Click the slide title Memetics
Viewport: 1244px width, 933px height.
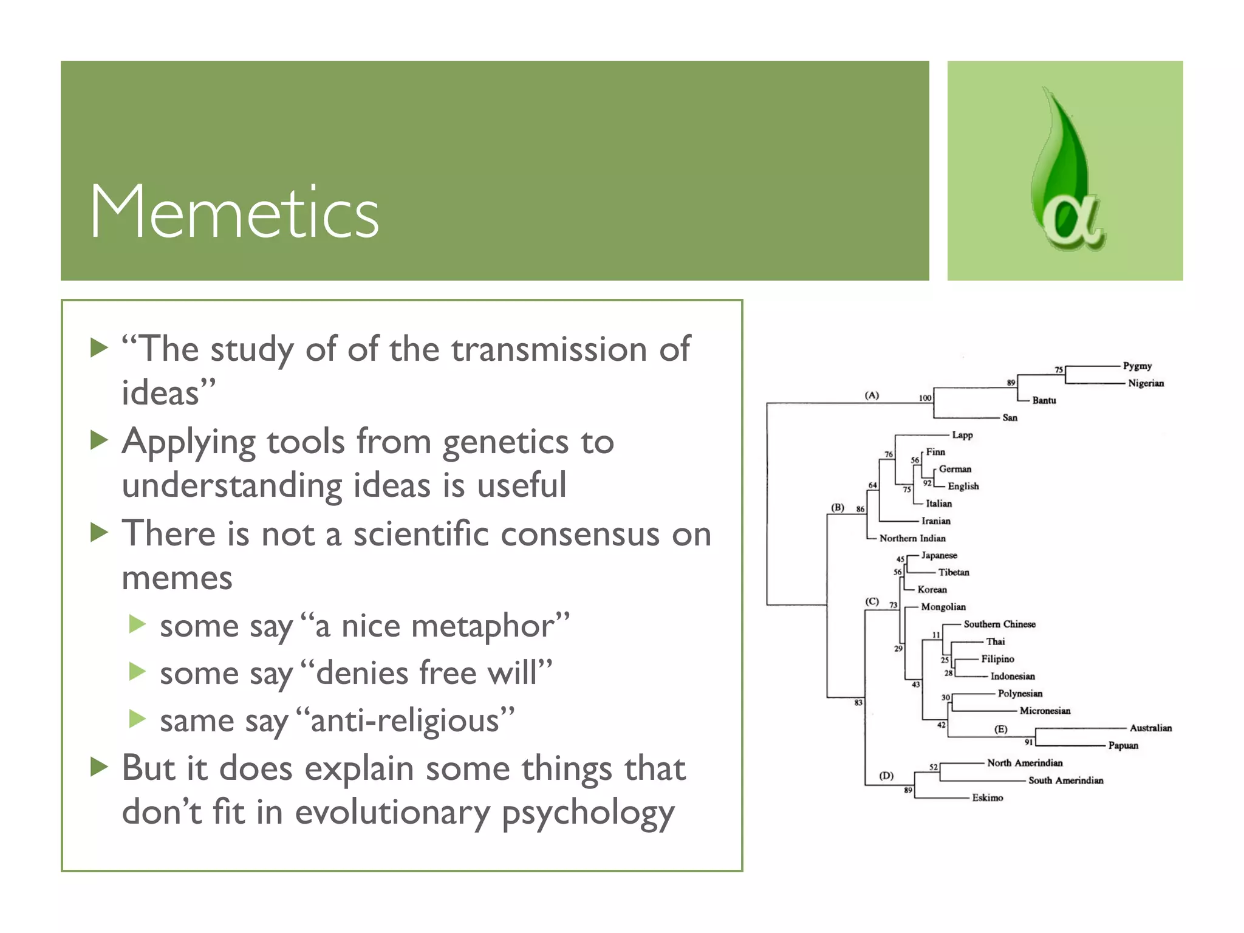(x=234, y=213)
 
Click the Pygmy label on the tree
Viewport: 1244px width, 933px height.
(x=1137, y=366)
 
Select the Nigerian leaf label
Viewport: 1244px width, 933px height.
(x=1146, y=383)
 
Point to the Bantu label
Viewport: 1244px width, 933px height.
(x=1044, y=400)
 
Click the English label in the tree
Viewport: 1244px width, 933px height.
(x=963, y=486)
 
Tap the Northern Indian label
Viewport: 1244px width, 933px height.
(x=912, y=538)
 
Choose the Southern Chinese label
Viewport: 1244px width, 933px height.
(x=999, y=624)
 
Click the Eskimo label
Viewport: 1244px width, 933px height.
(x=987, y=798)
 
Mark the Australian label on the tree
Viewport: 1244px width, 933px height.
(x=1150, y=728)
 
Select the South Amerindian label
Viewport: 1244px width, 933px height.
(x=1065, y=781)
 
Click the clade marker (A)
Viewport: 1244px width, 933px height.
(x=872, y=395)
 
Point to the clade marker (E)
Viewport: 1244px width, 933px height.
(x=1000, y=729)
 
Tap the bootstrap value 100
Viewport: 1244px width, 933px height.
(x=924, y=398)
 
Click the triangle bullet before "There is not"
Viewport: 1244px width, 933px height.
(x=99, y=532)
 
